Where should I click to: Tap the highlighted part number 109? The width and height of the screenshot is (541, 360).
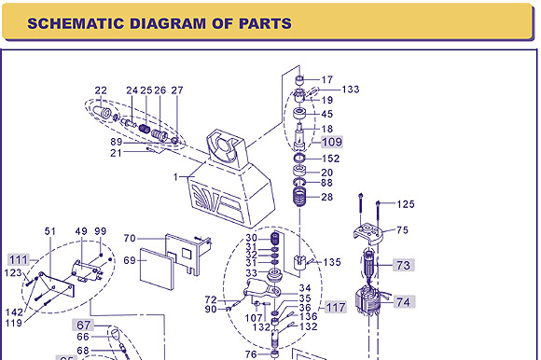[x=332, y=142]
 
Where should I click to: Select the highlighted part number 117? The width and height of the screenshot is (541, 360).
[x=336, y=307]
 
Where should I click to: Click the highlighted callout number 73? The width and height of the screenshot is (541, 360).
[x=403, y=265]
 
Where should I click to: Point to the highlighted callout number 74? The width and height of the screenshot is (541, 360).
[x=403, y=302]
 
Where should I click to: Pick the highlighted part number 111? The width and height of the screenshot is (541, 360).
[x=19, y=259]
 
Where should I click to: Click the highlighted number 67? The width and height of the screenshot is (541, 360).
[x=83, y=325]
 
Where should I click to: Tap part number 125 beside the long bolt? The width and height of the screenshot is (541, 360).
[x=406, y=204]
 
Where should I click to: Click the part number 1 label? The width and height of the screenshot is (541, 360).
[x=175, y=177]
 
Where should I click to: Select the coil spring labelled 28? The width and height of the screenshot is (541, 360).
[x=299, y=197]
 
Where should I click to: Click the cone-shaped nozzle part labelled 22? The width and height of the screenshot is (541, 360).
[x=102, y=112]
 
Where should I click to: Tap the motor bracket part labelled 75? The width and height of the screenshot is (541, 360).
[x=368, y=233]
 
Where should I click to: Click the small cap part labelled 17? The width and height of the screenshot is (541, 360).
[x=299, y=80]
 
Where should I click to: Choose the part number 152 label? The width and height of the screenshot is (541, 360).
[x=330, y=159]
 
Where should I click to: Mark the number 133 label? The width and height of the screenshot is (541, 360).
[x=351, y=90]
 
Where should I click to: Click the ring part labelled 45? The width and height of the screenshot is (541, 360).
[x=299, y=113]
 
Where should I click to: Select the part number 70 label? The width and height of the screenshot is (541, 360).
[x=130, y=238]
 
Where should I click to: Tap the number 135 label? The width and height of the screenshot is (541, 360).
[x=332, y=262]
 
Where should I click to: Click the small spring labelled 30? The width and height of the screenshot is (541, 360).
[x=275, y=238]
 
